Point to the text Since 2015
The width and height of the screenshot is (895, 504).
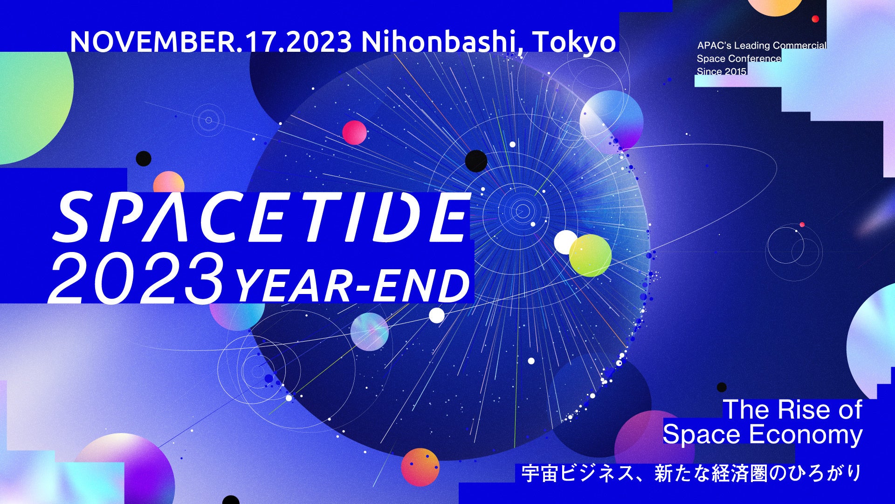click(722, 71)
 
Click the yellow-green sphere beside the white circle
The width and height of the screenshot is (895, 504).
click(590, 255)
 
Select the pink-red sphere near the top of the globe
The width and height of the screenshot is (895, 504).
click(354, 133)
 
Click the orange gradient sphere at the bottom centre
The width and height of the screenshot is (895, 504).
click(420, 467)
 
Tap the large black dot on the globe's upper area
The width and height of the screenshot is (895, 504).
click(476, 161)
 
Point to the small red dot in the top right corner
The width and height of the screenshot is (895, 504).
click(815, 19)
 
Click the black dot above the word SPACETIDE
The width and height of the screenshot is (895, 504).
click(144, 159)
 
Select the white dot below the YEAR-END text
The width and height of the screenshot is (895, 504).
click(437, 315)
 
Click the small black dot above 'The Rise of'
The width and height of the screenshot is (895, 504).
click(722, 387)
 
